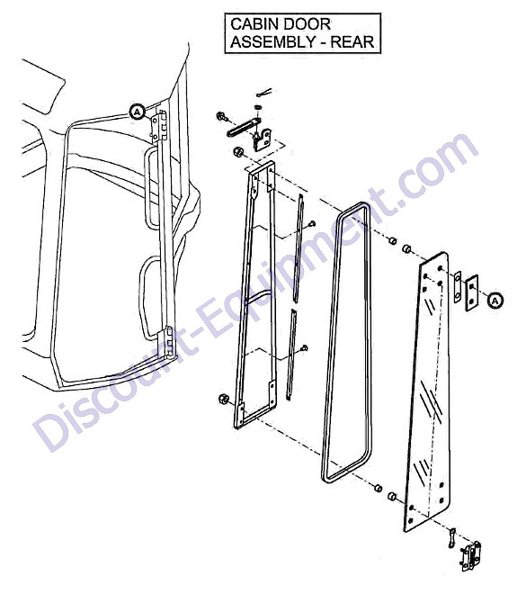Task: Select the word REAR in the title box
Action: pos(352,41)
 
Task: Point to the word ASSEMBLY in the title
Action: pos(271,41)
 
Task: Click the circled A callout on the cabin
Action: pos(138,112)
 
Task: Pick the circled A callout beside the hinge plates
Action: pos(495,300)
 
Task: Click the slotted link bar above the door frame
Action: pos(244,127)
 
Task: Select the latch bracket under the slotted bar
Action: pos(263,139)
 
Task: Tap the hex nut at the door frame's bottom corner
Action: pos(224,399)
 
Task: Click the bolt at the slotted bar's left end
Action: pos(221,116)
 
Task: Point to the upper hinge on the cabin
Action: pos(159,127)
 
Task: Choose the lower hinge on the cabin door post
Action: pos(169,343)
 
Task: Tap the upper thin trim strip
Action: pos(299,248)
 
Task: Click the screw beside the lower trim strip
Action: pos(304,348)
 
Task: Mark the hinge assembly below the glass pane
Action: pos(470,556)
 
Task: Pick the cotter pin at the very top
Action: pos(263,92)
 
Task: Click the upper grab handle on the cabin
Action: pos(148,188)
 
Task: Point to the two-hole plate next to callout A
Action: pos(471,293)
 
